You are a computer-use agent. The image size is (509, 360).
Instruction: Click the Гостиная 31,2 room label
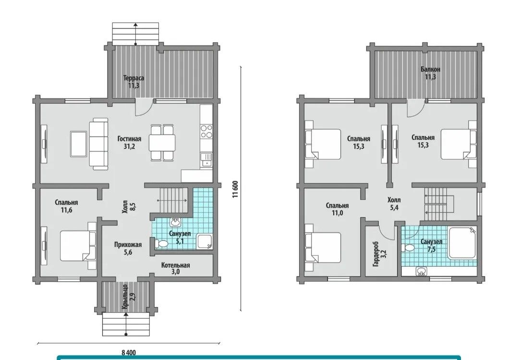pos(129,142)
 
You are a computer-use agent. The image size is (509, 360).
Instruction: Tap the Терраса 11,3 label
pos(133,82)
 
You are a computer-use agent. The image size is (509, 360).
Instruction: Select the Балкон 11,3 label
pos(430,73)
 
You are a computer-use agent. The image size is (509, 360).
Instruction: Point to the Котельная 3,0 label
pos(175,268)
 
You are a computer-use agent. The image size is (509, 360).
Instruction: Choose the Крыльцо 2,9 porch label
pos(128,297)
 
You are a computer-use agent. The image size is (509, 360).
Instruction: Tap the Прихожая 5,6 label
pos(128,248)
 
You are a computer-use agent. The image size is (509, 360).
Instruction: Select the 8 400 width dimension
pos(129,352)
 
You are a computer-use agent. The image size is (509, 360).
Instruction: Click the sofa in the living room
pos(99,144)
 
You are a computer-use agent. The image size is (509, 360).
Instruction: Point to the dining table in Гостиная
pos(162,143)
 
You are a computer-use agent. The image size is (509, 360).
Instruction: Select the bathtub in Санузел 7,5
pos(462,243)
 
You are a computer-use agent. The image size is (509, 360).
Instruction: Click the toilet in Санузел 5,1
pos(161,243)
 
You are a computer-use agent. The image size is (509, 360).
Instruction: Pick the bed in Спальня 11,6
pos(78,246)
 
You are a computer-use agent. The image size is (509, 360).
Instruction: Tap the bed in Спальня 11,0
pos(323,247)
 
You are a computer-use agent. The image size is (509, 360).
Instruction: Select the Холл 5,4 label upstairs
pos(394,203)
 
